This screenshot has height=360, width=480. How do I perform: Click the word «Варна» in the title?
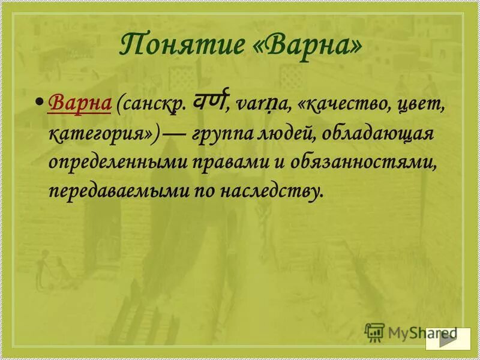[x=313, y=45]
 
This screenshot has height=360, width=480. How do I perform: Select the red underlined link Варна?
[x=80, y=103]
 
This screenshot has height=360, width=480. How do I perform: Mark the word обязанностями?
[x=370, y=162]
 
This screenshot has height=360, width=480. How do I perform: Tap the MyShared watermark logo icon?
[x=374, y=331]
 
